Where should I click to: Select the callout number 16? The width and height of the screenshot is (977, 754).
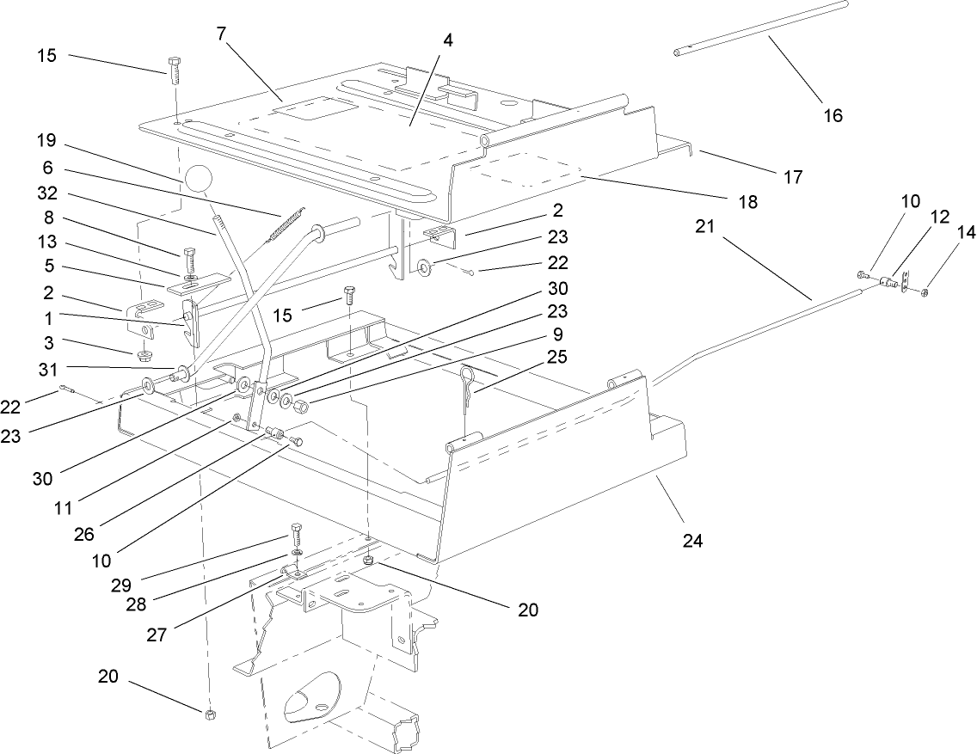(833, 115)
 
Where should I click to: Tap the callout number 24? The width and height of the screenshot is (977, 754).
(693, 541)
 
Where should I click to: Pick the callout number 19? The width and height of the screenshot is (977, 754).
(46, 139)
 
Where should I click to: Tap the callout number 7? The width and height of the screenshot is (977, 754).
(221, 34)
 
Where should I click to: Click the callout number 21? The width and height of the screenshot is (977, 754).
(706, 226)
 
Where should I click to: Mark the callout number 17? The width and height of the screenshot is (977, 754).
(792, 177)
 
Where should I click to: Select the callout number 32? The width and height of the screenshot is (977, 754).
(46, 193)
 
